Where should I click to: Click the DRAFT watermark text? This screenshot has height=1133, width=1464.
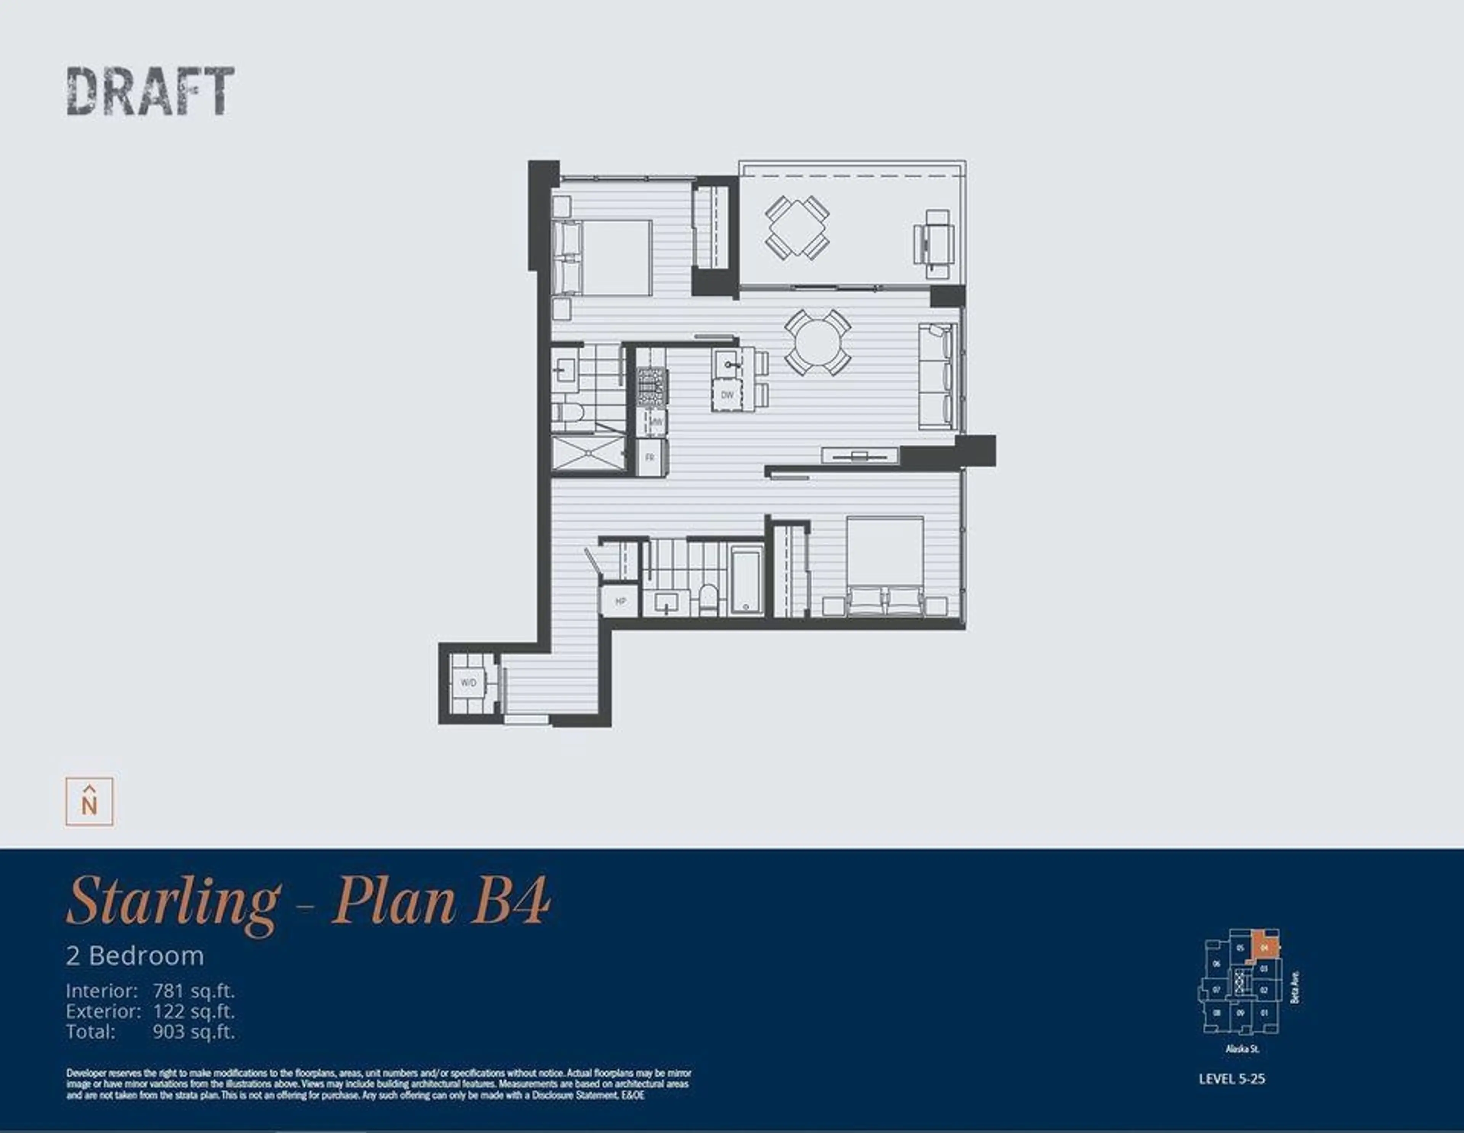pyautogui.click(x=150, y=91)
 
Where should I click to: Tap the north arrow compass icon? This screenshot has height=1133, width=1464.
pyautogui.click(x=89, y=802)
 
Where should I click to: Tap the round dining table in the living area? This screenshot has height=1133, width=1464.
pyautogui.click(x=818, y=342)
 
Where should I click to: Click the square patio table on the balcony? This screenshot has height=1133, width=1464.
pyautogui.click(x=797, y=226)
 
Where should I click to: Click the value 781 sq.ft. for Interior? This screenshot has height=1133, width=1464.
pyautogui.click(x=194, y=991)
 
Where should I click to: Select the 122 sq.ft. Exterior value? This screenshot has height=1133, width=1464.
pyautogui.click(x=194, y=1011)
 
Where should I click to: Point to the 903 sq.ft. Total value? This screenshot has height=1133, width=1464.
pyautogui.click(x=194, y=1032)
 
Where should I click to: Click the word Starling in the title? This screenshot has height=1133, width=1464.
pyautogui.click(x=173, y=902)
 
